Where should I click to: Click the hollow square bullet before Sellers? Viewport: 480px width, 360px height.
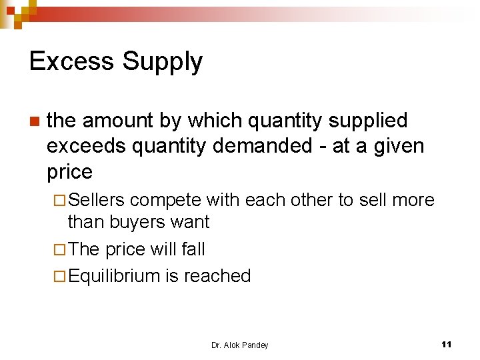(x=59, y=200)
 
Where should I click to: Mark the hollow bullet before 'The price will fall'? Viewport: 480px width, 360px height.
(x=59, y=250)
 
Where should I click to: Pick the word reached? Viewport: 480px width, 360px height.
(x=217, y=276)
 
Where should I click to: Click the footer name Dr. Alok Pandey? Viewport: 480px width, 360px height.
(x=239, y=345)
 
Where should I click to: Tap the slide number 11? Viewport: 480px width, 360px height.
(x=447, y=345)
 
